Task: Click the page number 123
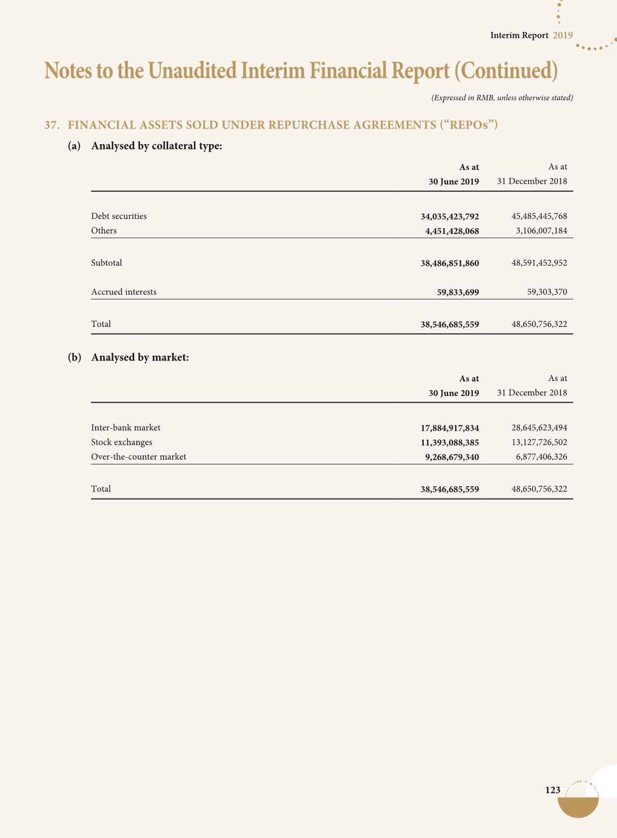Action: click(x=553, y=790)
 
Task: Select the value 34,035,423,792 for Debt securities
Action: click(x=450, y=216)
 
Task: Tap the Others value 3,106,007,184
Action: click(x=541, y=231)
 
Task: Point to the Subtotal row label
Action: click(x=107, y=263)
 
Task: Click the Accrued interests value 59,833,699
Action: click(x=458, y=292)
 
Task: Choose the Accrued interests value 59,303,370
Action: click(x=547, y=292)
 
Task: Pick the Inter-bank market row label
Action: click(x=125, y=428)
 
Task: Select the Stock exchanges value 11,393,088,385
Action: click(x=450, y=443)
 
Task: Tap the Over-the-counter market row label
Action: click(x=138, y=457)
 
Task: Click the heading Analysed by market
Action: click(x=140, y=358)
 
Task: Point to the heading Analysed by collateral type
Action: click(x=157, y=146)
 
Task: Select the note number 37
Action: click(x=50, y=125)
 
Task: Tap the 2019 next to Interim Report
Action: click(x=563, y=35)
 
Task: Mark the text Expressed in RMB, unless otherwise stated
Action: click(x=502, y=98)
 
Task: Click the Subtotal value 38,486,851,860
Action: click(x=450, y=264)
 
